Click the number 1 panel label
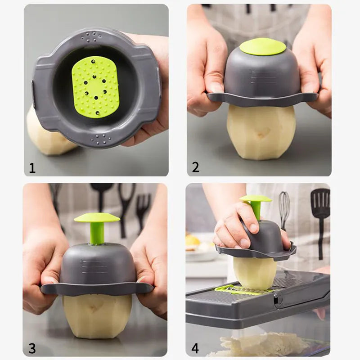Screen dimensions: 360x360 point(32,168)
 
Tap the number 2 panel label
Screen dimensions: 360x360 point(195,167)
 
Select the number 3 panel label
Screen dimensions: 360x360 point(32,348)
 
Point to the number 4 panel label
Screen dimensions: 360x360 point(195,348)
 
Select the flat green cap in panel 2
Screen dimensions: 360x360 point(262,46)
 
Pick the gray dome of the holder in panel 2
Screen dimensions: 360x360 point(262,74)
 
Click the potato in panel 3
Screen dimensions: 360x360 point(97,315)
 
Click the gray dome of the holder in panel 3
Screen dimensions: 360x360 point(97,265)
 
